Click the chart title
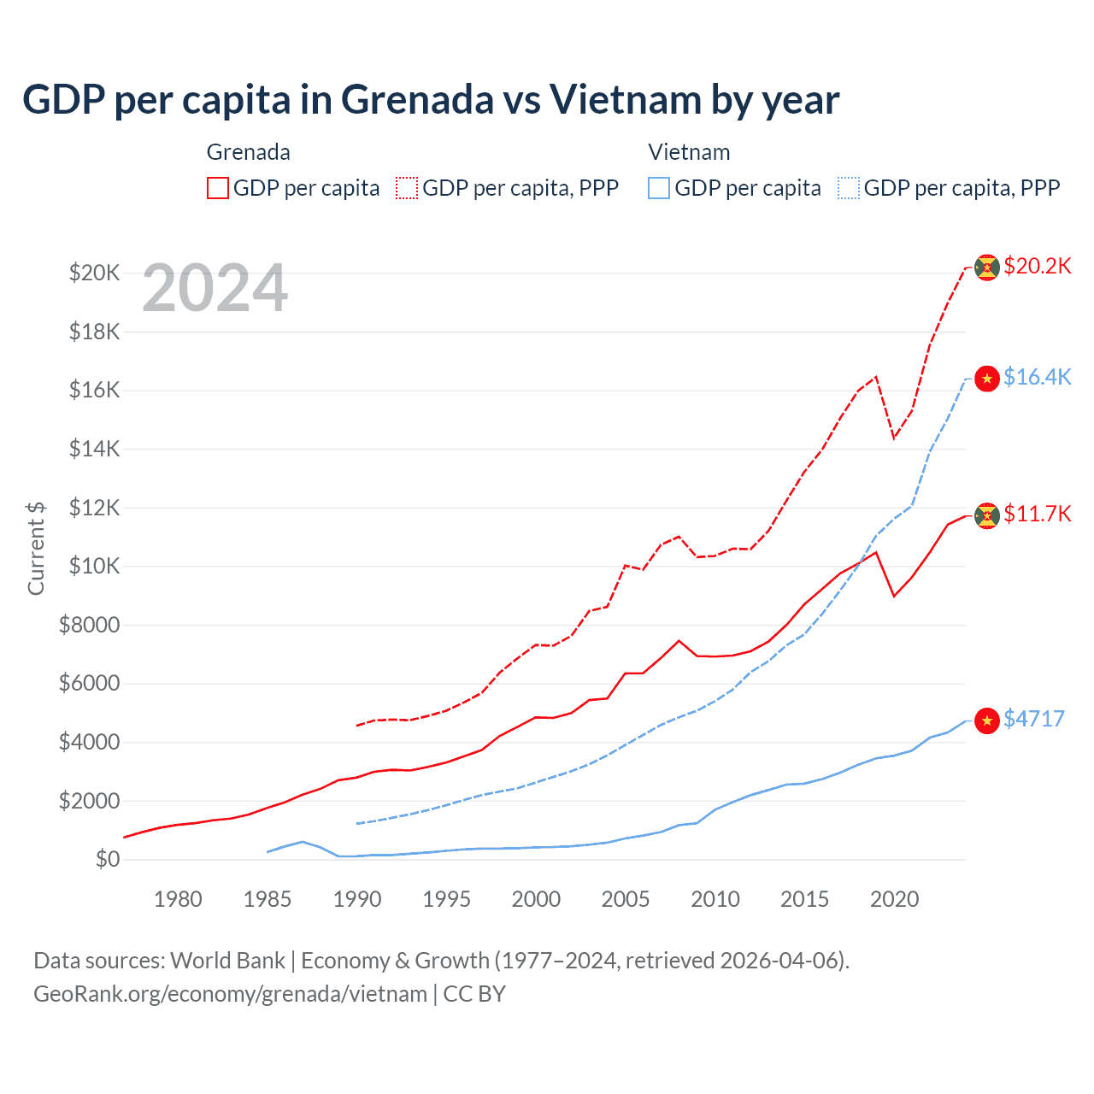(431, 100)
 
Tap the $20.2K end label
(1037, 266)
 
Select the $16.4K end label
(1037, 377)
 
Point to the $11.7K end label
(1037, 514)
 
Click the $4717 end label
(1033, 719)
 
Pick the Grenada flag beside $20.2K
(987, 268)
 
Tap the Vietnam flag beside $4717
(987, 721)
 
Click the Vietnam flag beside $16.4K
(987, 379)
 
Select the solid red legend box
(218, 188)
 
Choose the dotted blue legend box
(849, 188)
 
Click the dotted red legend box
(408, 188)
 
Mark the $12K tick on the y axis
(94, 508)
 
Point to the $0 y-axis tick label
(107, 859)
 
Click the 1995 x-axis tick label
(446, 899)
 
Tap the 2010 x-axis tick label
(715, 899)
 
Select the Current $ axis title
(36, 548)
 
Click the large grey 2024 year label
(215, 289)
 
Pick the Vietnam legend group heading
(689, 152)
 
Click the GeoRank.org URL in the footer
(230, 994)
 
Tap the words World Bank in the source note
(227, 961)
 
